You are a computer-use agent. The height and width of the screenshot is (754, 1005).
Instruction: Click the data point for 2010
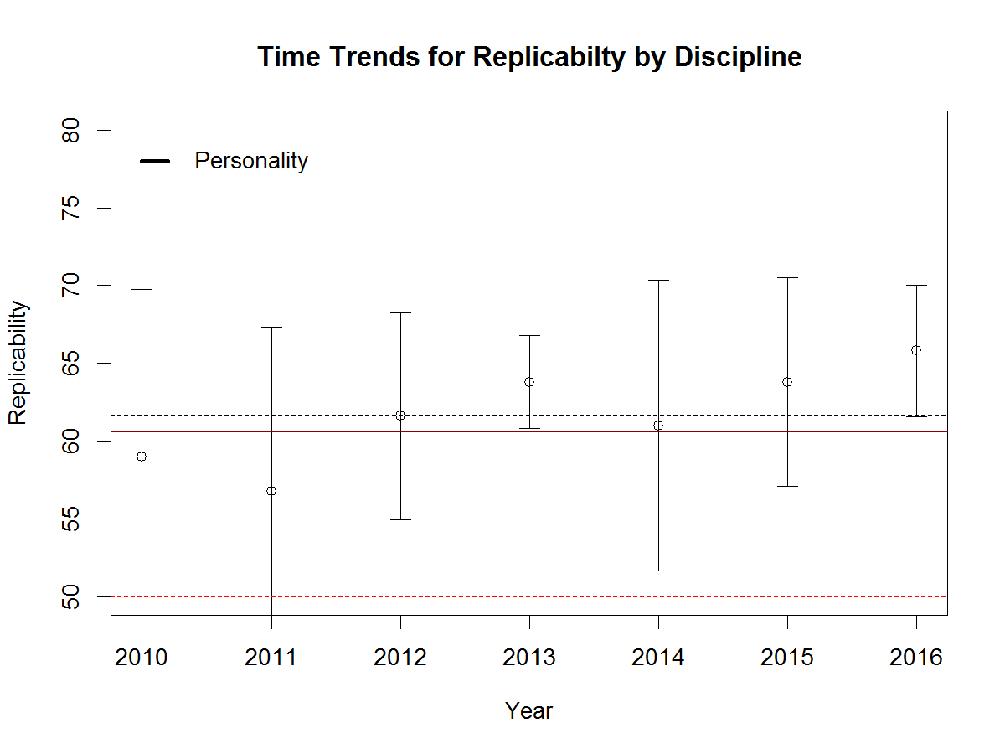[142, 457]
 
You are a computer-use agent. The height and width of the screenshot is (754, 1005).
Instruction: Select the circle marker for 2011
[271, 491]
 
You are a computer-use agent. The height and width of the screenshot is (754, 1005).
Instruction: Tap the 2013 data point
[529, 382]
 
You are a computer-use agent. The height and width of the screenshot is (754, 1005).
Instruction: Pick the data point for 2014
[658, 426]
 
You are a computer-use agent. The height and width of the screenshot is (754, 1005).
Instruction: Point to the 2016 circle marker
[916, 350]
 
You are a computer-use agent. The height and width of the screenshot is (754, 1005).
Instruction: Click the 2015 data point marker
[787, 382]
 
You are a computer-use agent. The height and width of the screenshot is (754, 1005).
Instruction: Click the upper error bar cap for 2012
[400, 312]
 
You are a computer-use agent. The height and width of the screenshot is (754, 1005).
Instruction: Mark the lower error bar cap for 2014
[658, 571]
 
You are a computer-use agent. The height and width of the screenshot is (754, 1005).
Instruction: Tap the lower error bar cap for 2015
[787, 486]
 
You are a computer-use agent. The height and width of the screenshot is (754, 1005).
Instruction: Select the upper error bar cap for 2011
[271, 327]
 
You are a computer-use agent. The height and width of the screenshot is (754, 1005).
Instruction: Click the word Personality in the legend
[251, 161]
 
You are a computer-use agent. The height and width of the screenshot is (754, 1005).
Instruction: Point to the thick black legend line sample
[155, 161]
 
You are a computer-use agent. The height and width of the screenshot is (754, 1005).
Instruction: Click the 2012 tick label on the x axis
[400, 658]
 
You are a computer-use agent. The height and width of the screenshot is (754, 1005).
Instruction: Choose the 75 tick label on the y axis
[72, 208]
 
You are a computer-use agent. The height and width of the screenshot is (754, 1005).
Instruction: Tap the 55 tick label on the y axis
[72, 519]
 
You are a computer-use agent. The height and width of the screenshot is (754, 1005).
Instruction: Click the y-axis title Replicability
[18, 363]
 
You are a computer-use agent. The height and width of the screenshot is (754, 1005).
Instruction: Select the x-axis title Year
[529, 711]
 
